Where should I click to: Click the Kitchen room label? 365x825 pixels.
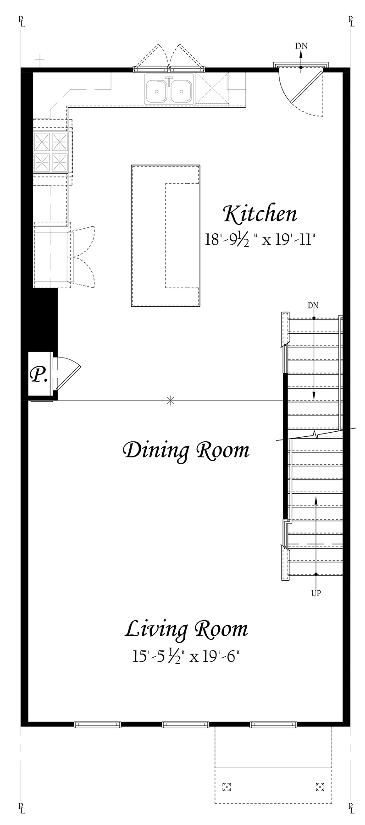tap(260, 214)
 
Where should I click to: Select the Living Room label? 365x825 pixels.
tap(187, 629)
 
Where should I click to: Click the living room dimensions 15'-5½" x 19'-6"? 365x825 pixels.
tap(187, 656)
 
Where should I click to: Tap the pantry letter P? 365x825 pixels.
tap(39, 375)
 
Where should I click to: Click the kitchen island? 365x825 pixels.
tap(166, 236)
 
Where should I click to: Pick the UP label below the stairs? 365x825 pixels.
tap(316, 593)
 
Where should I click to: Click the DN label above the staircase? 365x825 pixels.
tap(313, 305)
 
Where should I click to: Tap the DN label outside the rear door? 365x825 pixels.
tap(301, 46)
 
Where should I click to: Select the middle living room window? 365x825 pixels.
tap(186, 725)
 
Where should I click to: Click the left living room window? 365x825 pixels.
tap(98, 725)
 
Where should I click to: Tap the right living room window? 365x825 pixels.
tap(274, 725)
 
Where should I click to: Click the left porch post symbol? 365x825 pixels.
tap(226, 787)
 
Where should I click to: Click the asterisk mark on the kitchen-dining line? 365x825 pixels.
tap(170, 400)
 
